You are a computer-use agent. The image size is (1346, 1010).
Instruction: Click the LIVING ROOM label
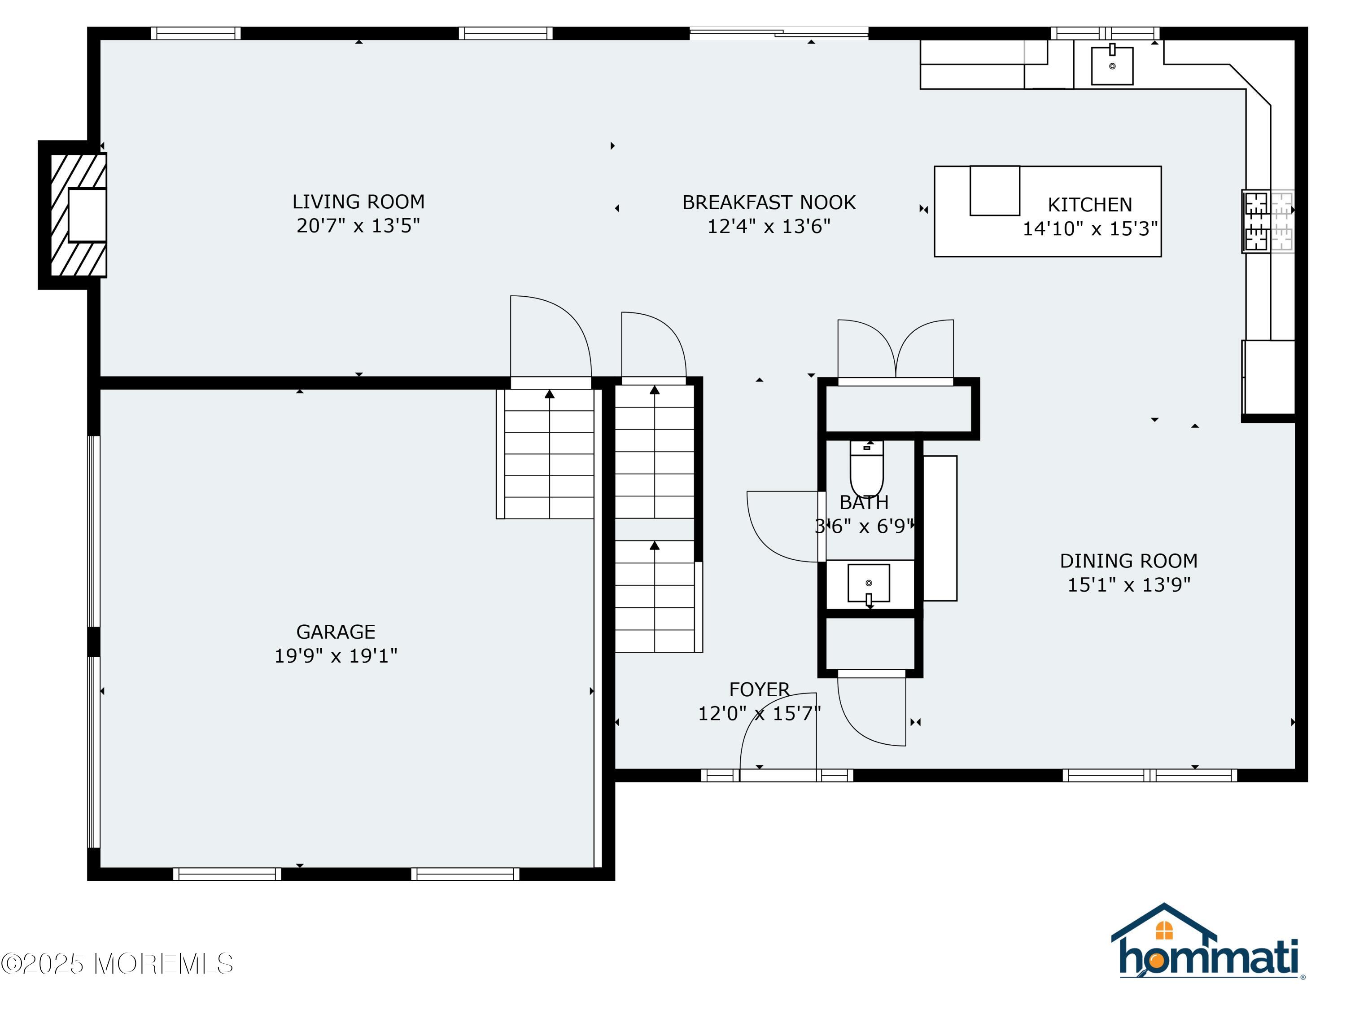pos(358,202)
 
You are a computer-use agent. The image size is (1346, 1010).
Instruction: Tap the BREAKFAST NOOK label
pos(769,202)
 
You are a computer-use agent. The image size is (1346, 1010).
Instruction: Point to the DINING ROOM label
pos(1129,560)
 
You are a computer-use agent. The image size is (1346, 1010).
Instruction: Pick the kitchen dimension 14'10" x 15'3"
pos(1090,228)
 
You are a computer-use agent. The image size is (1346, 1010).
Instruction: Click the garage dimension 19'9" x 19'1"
pos(336,656)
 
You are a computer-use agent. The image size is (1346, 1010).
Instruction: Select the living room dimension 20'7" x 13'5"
pos(358,225)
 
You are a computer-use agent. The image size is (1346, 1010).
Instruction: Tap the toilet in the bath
pos(866,468)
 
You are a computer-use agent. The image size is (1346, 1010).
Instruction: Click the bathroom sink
pos(869,583)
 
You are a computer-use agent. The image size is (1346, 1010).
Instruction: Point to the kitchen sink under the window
pos(1112,65)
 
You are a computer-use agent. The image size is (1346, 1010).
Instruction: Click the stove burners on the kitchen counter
pos(1268,221)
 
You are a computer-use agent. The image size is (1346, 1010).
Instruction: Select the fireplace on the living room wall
pos(79,215)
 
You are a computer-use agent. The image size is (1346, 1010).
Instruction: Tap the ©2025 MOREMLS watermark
pos(117,964)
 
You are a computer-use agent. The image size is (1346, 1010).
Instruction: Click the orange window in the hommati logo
pos(1164,930)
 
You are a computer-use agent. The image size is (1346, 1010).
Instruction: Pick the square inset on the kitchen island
pos(995,191)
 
